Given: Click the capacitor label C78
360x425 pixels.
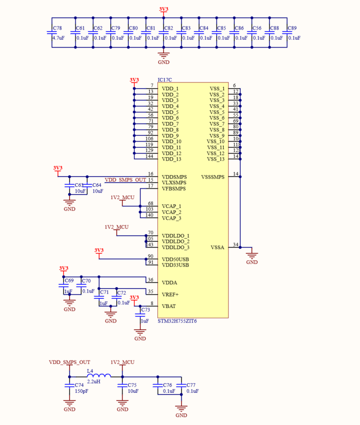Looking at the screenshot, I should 58,29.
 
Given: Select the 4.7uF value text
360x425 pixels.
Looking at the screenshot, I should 58,38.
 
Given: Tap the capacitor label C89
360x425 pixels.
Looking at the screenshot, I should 292,29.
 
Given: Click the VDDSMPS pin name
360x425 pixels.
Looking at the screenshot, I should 174,177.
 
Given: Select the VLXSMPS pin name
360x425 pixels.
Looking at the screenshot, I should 174,183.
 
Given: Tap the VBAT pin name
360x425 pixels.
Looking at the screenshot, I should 169,306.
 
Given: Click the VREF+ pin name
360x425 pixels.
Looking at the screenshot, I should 170,294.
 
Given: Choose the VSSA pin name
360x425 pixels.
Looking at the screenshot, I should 217,247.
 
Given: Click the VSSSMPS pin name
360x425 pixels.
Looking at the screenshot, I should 213,177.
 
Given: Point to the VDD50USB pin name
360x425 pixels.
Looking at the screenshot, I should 175,259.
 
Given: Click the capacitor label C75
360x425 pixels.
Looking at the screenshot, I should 132,385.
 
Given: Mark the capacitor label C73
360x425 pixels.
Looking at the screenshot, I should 146,310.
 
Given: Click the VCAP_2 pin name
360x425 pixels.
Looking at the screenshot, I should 172,212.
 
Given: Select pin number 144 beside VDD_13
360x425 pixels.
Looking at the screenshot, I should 149,156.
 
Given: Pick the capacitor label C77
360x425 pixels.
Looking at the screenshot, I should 191,385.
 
